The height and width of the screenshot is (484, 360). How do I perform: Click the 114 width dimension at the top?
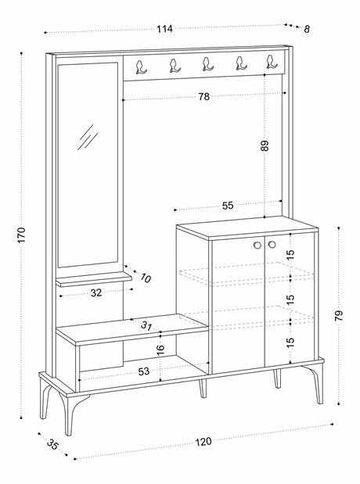[164, 29]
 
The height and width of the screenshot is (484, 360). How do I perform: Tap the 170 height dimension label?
[21, 235]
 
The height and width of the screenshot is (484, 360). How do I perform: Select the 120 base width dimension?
[203, 442]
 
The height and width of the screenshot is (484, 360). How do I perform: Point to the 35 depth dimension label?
[52, 444]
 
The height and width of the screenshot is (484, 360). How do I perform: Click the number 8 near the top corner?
[307, 30]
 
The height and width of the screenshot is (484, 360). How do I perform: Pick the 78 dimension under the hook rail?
[204, 97]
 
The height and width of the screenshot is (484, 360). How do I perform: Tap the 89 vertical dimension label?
[265, 145]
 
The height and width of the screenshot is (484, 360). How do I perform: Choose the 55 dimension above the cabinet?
[228, 206]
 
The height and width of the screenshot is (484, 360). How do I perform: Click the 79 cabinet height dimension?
[339, 316]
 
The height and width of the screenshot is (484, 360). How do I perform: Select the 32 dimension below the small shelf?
[96, 293]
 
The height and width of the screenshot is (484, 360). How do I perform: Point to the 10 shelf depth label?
[146, 278]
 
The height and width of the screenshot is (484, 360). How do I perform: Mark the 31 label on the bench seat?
[146, 325]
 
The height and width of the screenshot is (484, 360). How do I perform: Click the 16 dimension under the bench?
[160, 350]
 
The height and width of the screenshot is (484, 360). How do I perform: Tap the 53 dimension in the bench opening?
[144, 371]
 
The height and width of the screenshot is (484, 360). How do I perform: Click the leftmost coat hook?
[141, 67]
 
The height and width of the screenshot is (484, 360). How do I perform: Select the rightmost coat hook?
[272, 62]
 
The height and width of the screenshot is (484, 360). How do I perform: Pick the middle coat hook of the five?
[207, 64]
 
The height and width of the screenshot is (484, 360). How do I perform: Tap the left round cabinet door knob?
[257, 245]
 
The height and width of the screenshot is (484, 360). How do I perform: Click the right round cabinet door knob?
[272, 245]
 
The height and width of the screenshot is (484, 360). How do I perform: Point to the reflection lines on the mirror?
[88, 138]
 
